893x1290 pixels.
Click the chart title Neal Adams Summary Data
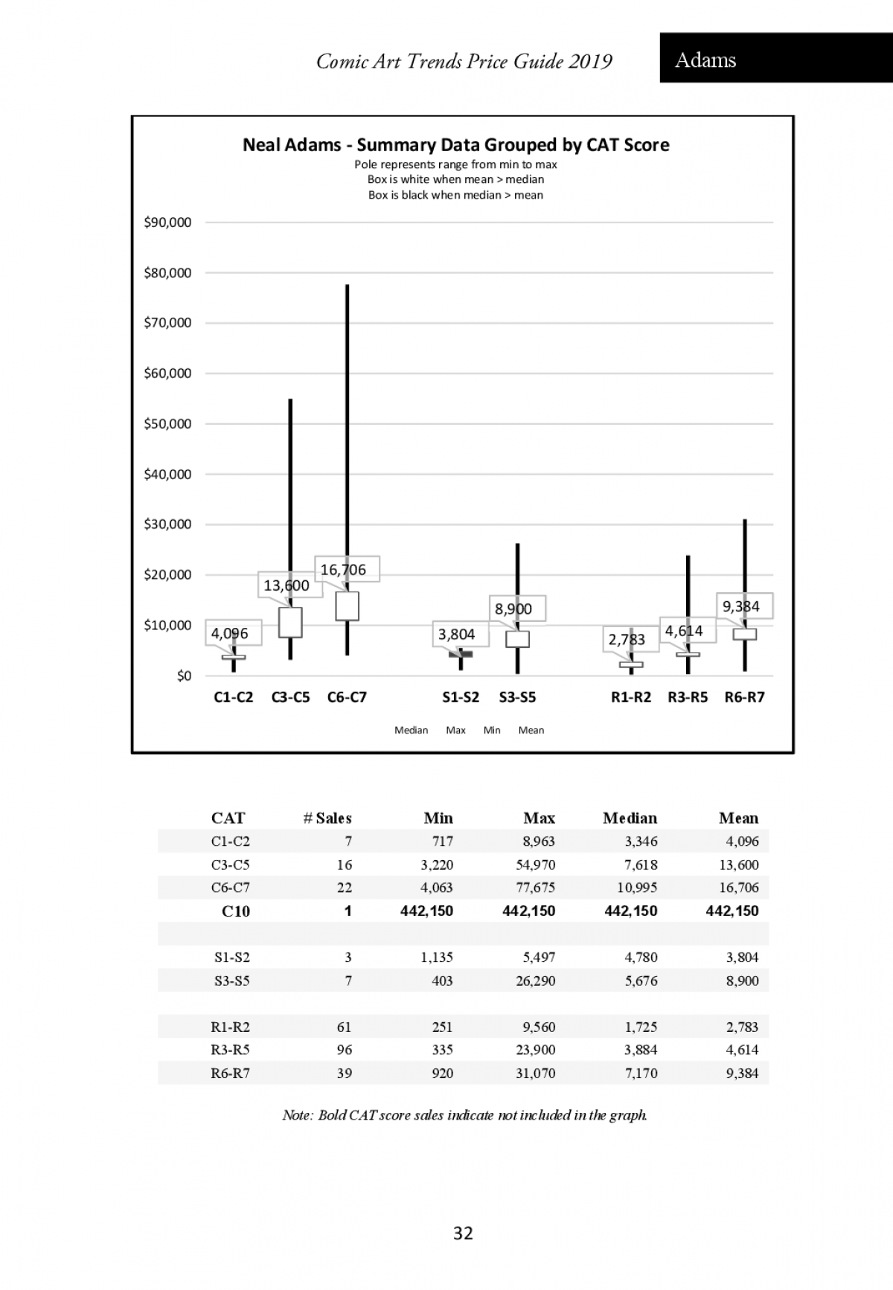point(455,144)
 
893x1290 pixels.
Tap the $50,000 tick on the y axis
point(167,424)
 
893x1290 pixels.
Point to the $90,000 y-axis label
point(167,222)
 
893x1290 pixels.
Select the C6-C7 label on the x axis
point(347,697)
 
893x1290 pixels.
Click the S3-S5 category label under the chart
point(517,697)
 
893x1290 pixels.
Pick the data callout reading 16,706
point(344,570)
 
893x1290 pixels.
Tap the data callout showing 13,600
point(287,585)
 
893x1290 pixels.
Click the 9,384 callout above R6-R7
point(741,606)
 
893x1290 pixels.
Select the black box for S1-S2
point(461,654)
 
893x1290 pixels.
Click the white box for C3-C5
point(290,622)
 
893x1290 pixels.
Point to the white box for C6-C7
point(347,606)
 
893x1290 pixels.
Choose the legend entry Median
point(411,730)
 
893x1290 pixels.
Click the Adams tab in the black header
point(705,60)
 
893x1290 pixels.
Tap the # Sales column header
point(327,818)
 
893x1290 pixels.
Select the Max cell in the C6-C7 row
point(536,888)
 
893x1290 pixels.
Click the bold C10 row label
point(235,911)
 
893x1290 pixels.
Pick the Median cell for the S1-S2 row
point(641,957)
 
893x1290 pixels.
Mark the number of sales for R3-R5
point(344,1050)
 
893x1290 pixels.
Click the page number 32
point(463,1233)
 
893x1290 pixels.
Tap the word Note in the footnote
point(298,1115)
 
